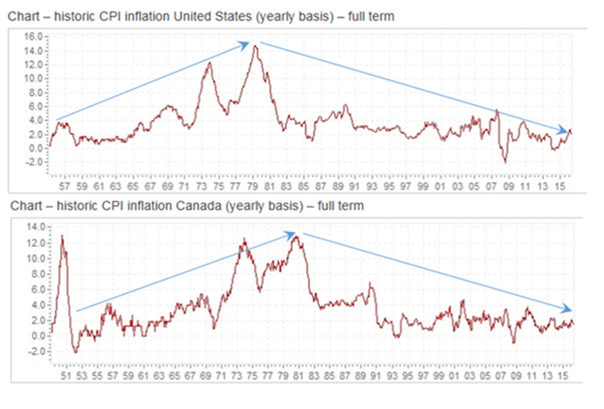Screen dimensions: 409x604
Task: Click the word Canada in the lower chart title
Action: point(203,206)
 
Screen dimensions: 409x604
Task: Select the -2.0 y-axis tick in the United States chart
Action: point(33,162)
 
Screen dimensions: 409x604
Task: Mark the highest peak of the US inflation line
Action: point(256,46)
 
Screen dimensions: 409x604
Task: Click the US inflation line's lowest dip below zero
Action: point(505,161)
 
